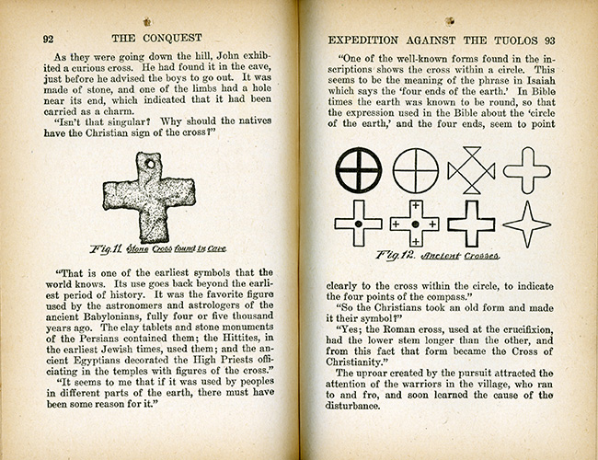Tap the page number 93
click(550, 40)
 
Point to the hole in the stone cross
click(146, 167)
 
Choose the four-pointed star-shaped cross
click(527, 224)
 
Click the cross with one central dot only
click(357, 224)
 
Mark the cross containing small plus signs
click(414, 224)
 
